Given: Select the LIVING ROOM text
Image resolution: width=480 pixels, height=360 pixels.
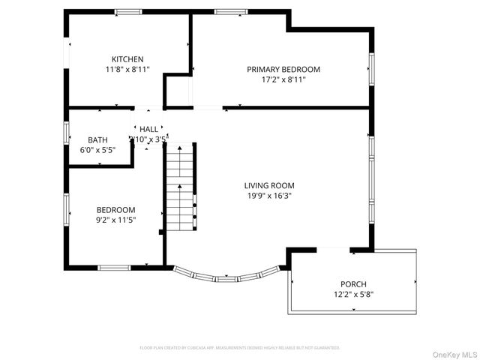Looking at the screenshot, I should point(268,185).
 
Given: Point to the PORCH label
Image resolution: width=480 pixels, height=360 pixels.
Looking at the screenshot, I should point(352,284).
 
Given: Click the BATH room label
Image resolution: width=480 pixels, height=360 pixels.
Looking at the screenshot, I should point(97,139).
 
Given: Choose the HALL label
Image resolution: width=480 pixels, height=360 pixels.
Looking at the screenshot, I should point(148,130).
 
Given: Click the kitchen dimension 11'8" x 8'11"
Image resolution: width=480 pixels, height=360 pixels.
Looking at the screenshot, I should point(127,69).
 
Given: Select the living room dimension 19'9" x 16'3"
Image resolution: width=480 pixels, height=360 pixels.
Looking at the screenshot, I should point(268,196).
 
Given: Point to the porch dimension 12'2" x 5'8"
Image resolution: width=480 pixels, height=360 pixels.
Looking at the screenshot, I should point(352,294).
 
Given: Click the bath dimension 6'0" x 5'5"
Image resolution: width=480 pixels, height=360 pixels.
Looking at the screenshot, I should point(97,149).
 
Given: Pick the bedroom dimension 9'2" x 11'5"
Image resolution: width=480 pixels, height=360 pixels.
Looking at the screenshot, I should point(115,220).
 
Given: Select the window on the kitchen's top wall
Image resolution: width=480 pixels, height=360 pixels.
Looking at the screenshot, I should point(128,11).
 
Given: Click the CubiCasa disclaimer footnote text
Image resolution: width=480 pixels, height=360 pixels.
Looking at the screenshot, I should point(240,348).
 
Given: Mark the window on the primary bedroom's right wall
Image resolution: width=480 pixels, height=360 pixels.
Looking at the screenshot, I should point(370,69).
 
